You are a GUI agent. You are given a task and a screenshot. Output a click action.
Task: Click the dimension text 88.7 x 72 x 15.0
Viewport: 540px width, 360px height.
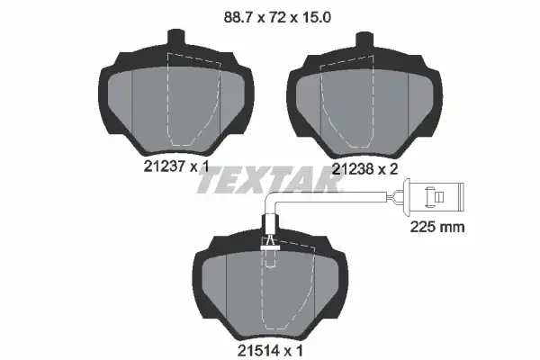tap(277, 17)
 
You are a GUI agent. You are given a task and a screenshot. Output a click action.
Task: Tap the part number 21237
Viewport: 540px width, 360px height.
tap(165, 166)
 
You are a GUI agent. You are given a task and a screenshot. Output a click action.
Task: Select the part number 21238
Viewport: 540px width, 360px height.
tap(353, 169)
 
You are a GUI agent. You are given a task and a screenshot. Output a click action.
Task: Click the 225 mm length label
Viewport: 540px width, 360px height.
tap(437, 227)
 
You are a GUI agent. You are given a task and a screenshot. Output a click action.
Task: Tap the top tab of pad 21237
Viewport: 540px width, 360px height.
tap(176, 38)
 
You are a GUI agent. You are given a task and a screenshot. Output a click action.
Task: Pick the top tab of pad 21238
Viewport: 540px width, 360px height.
tap(364, 40)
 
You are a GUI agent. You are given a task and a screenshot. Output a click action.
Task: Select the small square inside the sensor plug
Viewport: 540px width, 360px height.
tap(439, 197)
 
